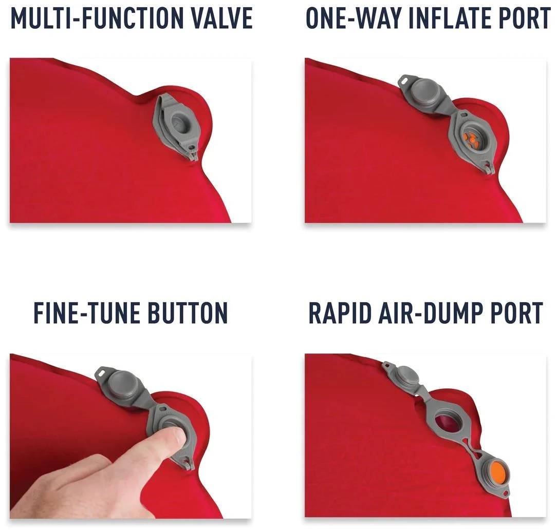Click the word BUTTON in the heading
[x=187, y=313]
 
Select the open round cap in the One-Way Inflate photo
[x=424, y=93]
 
